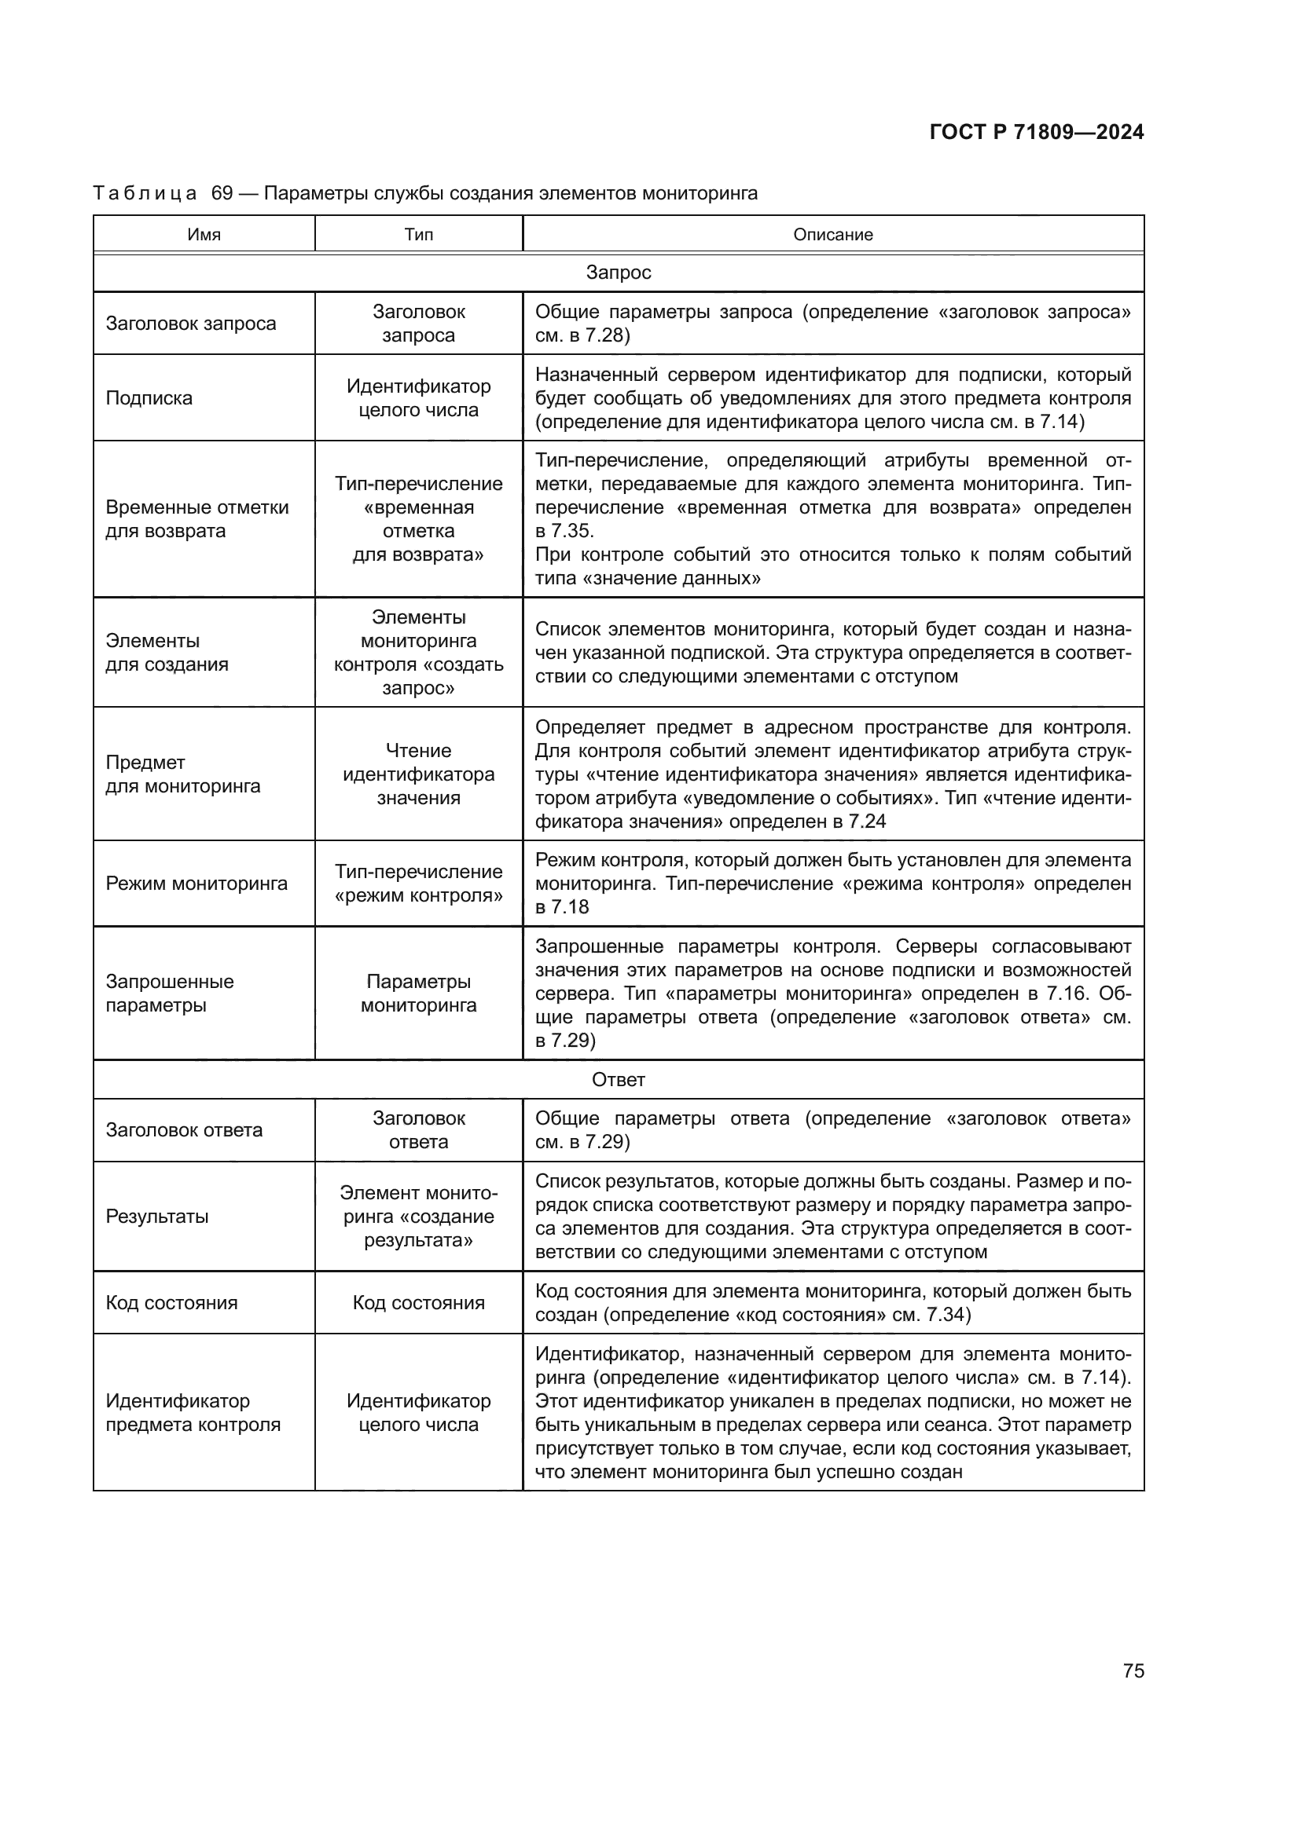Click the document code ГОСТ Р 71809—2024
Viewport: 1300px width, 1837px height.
click(x=1036, y=133)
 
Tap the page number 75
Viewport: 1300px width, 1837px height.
click(x=1133, y=1671)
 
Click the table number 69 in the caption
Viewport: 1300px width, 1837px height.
click(x=222, y=194)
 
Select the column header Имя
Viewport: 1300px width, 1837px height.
click(x=204, y=234)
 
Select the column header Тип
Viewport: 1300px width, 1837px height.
click(x=419, y=234)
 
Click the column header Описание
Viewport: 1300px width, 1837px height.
click(x=832, y=234)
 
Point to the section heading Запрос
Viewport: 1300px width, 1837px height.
click(x=618, y=273)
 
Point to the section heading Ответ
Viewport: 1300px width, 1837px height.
click(x=618, y=1080)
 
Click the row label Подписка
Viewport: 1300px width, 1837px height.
click(x=149, y=398)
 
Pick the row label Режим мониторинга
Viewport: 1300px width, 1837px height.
click(x=196, y=884)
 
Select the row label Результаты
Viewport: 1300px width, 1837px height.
click(x=157, y=1217)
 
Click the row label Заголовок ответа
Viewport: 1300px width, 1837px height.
click(x=184, y=1130)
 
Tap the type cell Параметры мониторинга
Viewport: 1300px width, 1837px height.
click(x=419, y=994)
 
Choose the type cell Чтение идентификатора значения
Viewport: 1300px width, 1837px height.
click(x=419, y=774)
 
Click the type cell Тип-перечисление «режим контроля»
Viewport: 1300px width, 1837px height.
click(x=419, y=884)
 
